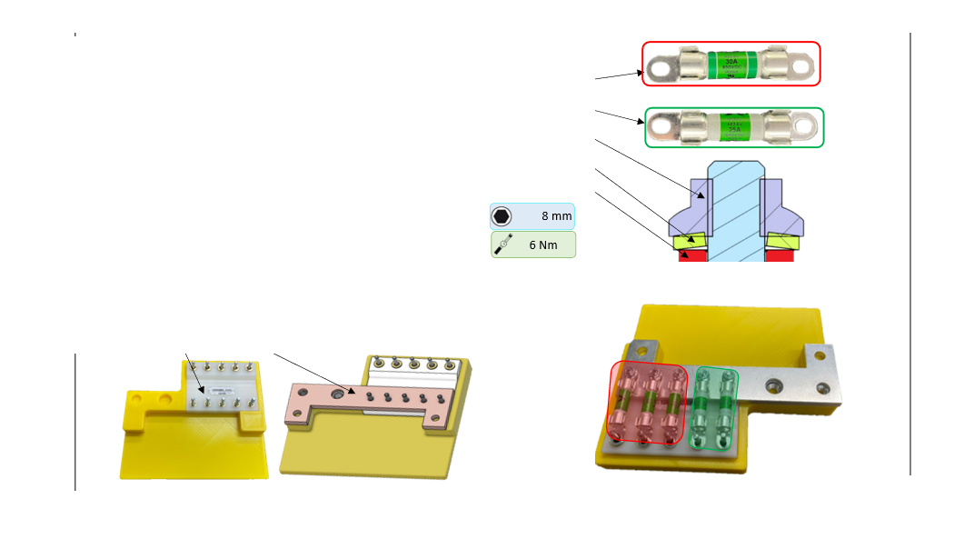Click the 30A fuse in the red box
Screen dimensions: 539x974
click(x=730, y=64)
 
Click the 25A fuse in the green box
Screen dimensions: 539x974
click(x=734, y=128)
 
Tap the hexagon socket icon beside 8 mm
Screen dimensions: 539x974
click(x=502, y=216)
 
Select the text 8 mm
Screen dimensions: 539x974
click(x=557, y=216)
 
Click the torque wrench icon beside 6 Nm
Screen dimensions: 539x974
click(x=502, y=245)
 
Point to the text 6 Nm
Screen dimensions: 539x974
click(x=543, y=245)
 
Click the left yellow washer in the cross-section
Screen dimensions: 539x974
click(x=690, y=241)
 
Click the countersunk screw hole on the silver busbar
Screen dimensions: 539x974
click(x=773, y=385)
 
